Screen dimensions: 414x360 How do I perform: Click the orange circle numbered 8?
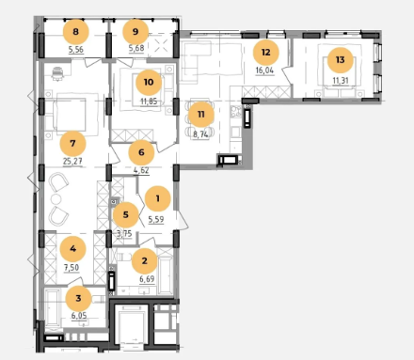click(x=75, y=32)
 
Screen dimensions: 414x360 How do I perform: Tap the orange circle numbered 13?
click(x=341, y=60)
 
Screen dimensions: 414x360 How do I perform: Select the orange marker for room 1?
click(x=157, y=198)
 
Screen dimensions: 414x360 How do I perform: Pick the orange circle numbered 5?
click(x=126, y=215)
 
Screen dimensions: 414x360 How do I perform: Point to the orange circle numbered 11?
click(x=201, y=115)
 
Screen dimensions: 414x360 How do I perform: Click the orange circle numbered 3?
click(x=78, y=298)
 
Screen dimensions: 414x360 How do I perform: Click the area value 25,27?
click(x=72, y=162)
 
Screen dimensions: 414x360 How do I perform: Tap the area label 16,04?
click(x=264, y=70)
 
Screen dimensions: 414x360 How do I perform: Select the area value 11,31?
click(x=341, y=81)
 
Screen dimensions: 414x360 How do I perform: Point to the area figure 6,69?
click(x=147, y=279)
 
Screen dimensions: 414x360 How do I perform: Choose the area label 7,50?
click(x=72, y=268)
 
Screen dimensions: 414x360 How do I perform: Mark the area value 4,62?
click(x=141, y=171)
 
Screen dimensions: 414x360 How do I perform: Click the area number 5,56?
click(x=75, y=50)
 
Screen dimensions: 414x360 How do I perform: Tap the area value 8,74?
click(x=200, y=134)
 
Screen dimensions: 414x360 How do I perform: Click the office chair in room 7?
click(x=57, y=74)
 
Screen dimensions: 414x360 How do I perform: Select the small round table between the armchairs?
click(x=56, y=199)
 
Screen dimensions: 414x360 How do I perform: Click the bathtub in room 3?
click(x=53, y=308)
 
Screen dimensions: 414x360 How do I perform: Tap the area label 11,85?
click(x=149, y=102)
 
